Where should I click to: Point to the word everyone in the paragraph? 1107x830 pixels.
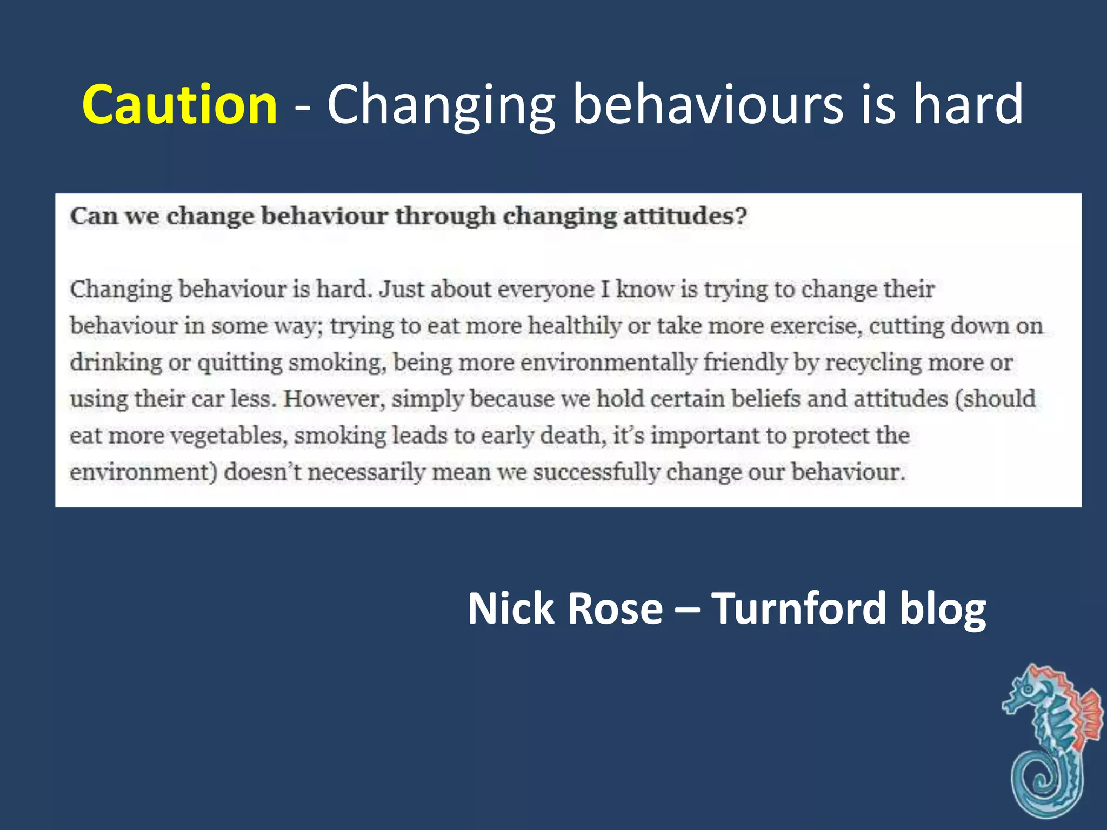coord(546,290)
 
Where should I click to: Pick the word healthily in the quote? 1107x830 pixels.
coord(574,326)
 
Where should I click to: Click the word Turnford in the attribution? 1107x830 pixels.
coord(798,609)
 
